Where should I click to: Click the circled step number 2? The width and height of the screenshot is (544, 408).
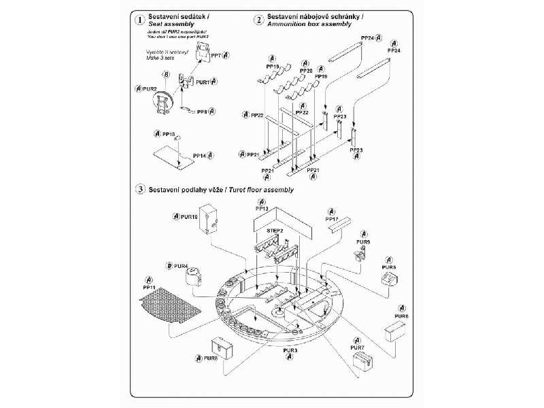[258, 20]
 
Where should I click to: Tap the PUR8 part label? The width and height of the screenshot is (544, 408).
[211, 358]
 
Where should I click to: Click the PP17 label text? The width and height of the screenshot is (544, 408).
[332, 219]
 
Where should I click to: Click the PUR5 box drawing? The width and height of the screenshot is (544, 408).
[390, 279]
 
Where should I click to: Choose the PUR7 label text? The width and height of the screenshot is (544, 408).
[358, 347]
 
